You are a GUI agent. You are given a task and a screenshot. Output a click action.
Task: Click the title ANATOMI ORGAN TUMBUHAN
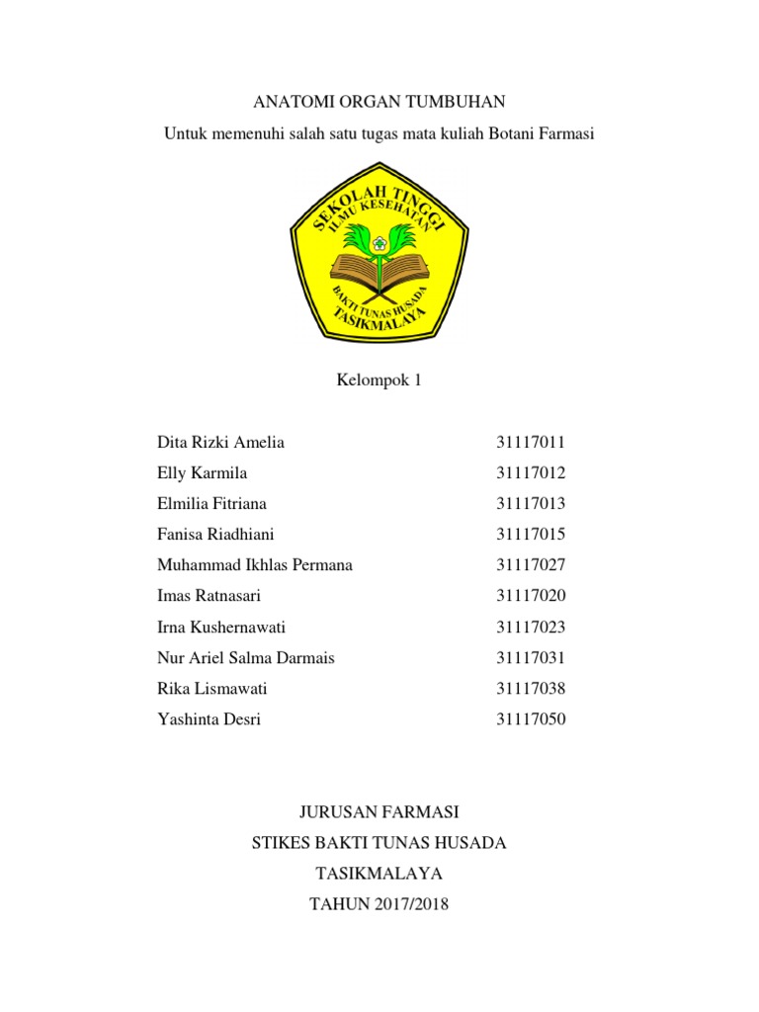[379, 102]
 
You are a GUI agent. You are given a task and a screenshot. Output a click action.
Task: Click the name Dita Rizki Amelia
[220, 442]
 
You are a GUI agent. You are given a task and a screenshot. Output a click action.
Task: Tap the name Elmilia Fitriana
[211, 503]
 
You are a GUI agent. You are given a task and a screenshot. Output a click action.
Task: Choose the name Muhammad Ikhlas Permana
[255, 565]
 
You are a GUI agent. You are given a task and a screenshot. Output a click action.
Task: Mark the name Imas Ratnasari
[209, 596]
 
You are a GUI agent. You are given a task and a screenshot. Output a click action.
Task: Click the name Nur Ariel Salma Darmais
[245, 657]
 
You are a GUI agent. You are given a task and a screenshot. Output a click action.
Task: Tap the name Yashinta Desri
[209, 719]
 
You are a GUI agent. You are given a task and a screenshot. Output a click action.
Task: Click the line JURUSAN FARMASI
[379, 812]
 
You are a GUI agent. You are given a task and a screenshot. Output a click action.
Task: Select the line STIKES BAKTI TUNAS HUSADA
[379, 843]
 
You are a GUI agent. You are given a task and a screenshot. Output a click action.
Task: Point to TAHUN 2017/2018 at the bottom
[379, 904]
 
